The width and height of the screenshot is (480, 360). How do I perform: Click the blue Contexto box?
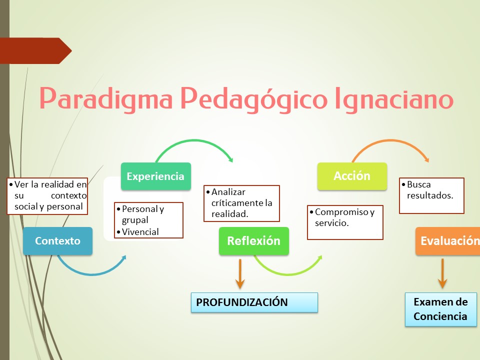tap(57, 241)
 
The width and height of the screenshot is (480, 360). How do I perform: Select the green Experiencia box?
tap(155, 176)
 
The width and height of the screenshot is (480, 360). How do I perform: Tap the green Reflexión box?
tap(253, 241)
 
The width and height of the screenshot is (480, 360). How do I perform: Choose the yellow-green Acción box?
tap(352, 176)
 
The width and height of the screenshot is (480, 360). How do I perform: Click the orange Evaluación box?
tap(447, 241)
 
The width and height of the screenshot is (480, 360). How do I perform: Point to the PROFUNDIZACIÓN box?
tap(254, 302)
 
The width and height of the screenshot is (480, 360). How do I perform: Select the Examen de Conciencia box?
tap(440, 309)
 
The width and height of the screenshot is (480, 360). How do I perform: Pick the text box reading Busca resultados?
tap(431, 195)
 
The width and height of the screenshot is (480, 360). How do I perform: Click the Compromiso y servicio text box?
tap(345, 222)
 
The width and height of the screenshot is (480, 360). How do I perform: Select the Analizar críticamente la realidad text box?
tap(241, 203)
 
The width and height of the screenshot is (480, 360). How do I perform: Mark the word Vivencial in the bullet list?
tap(140, 232)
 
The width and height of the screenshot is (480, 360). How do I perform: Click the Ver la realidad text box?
tap(47, 195)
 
